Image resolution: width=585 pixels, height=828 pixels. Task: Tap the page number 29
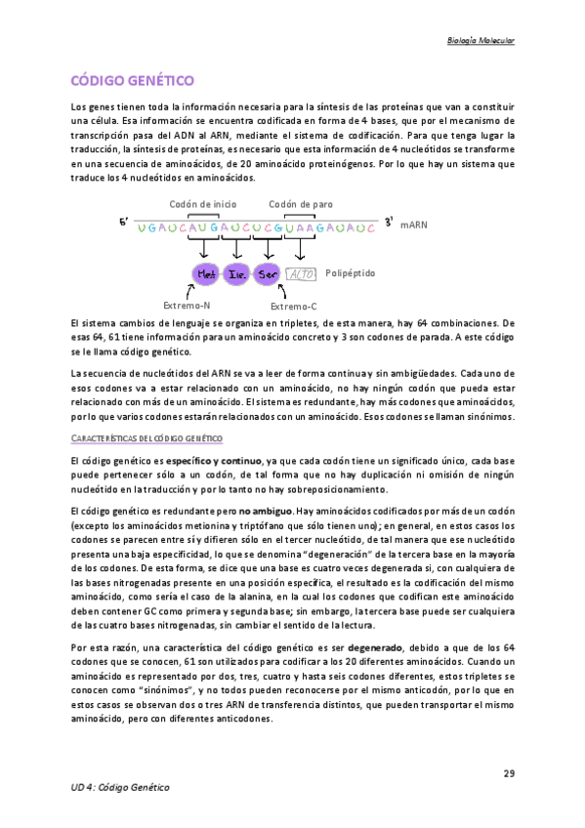509,774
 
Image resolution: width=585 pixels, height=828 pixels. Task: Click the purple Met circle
206,274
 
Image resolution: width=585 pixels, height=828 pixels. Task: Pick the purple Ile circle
236,274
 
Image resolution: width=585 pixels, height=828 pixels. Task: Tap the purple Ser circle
267,274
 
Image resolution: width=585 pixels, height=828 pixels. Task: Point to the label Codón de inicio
202,204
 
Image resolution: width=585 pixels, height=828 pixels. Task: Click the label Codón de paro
301,204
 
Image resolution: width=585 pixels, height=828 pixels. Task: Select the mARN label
414,225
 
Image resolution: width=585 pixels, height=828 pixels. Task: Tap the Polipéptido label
351,273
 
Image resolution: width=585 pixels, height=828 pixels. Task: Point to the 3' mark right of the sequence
389,223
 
